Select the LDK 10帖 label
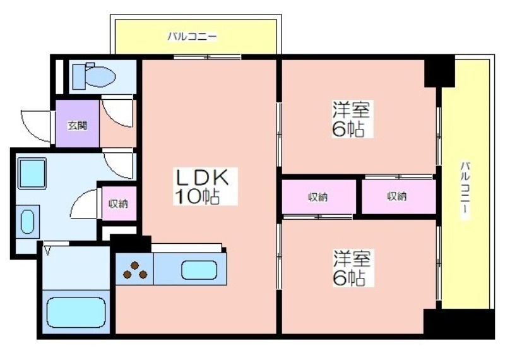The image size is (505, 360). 197,186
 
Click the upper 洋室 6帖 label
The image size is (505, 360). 352,119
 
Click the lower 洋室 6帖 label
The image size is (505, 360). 352,268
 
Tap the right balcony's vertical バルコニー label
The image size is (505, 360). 465,189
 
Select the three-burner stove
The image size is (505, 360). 134,270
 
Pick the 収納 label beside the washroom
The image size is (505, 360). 118,203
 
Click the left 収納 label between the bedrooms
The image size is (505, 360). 318,197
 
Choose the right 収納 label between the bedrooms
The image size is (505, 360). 397,197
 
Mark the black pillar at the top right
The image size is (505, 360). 439,71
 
